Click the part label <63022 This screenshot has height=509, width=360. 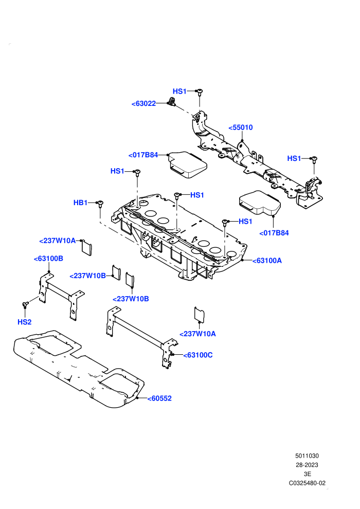pyautogui.click(x=143, y=103)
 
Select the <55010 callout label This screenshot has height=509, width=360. pyautogui.click(x=241, y=128)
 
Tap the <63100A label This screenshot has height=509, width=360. pyautogui.click(x=267, y=261)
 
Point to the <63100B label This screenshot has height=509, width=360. pyautogui.click(x=48, y=259)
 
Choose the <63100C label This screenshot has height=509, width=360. pyautogui.click(x=197, y=355)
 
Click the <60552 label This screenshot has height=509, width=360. pyautogui.click(x=159, y=398)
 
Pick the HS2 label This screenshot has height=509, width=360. pyautogui.click(x=24, y=322)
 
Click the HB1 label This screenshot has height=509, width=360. pyautogui.click(x=81, y=203)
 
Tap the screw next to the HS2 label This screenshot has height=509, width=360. pyautogui.click(x=25, y=304)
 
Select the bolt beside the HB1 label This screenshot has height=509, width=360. pyautogui.click(x=101, y=204)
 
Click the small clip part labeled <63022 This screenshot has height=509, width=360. pyautogui.click(x=171, y=102)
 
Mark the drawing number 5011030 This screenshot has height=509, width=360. pyautogui.click(x=307, y=456)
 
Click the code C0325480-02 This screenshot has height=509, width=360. pyautogui.click(x=307, y=483)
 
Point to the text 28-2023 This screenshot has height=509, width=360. pyautogui.click(x=307, y=465)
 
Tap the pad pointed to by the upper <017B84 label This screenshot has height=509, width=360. pyautogui.click(x=187, y=165)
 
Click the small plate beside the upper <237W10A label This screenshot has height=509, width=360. pyautogui.click(x=87, y=248)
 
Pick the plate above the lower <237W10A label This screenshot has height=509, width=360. pyautogui.click(x=200, y=314)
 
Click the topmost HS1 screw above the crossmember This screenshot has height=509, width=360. pyautogui.click(x=200, y=92)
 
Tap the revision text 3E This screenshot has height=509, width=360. pyautogui.click(x=307, y=474)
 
